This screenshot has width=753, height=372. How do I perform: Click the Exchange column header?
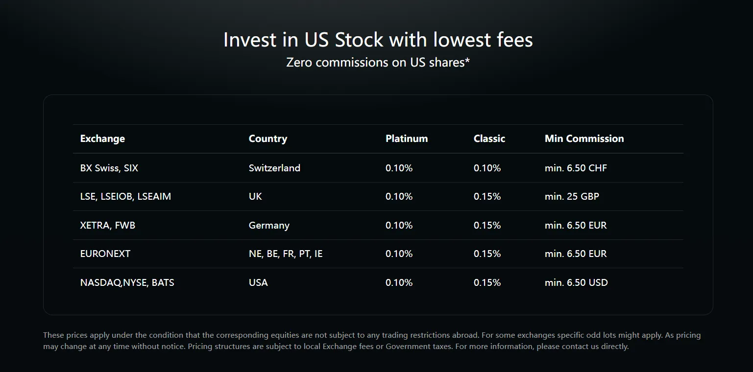[102, 139]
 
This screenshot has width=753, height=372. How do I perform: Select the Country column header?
[267, 139]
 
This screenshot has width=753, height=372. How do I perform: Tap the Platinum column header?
[406, 139]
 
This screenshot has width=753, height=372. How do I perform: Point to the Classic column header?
[489, 139]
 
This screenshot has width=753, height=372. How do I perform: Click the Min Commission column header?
[584, 139]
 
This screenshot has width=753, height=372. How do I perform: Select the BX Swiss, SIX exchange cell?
[109, 168]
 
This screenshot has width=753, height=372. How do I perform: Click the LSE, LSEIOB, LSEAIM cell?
[125, 196]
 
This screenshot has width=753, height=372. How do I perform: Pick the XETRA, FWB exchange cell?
[107, 225]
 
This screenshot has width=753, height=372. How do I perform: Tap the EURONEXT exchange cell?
[105, 254]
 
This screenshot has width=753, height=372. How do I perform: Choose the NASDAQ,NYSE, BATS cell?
[127, 282]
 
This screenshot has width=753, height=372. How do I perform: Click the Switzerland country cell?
[274, 168]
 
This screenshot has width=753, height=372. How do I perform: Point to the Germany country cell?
[269, 225]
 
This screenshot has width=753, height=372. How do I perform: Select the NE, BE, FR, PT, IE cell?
[286, 254]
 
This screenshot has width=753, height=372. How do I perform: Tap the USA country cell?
[258, 282]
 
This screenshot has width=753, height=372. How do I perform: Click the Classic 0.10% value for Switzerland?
[487, 168]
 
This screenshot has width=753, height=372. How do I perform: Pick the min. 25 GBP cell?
[572, 196]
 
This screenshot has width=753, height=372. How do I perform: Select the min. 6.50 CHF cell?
[576, 168]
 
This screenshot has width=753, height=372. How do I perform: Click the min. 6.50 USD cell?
[576, 282]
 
